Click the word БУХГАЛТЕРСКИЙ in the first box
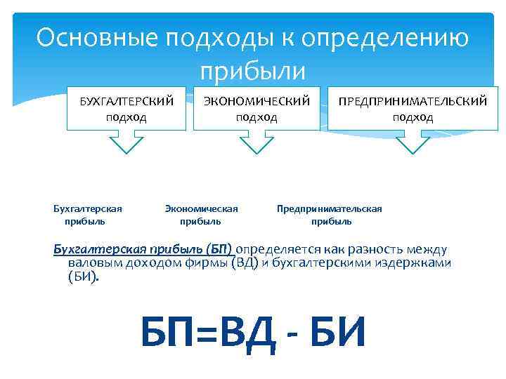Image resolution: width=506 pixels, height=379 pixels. pyautogui.click(x=126, y=102)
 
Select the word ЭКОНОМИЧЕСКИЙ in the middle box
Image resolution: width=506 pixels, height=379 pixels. pyautogui.click(x=256, y=102)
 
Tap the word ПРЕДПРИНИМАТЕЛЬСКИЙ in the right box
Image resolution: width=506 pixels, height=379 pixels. pyautogui.click(x=413, y=102)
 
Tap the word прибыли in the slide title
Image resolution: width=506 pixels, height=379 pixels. pyautogui.click(x=253, y=71)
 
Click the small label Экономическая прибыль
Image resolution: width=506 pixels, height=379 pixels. pyautogui.click(x=201, y=215)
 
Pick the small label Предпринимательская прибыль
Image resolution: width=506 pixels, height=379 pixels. pyautogui.click(x=330, y=215)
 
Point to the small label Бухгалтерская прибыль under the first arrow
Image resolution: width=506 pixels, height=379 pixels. pyautogui.click(x=87, y=215)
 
